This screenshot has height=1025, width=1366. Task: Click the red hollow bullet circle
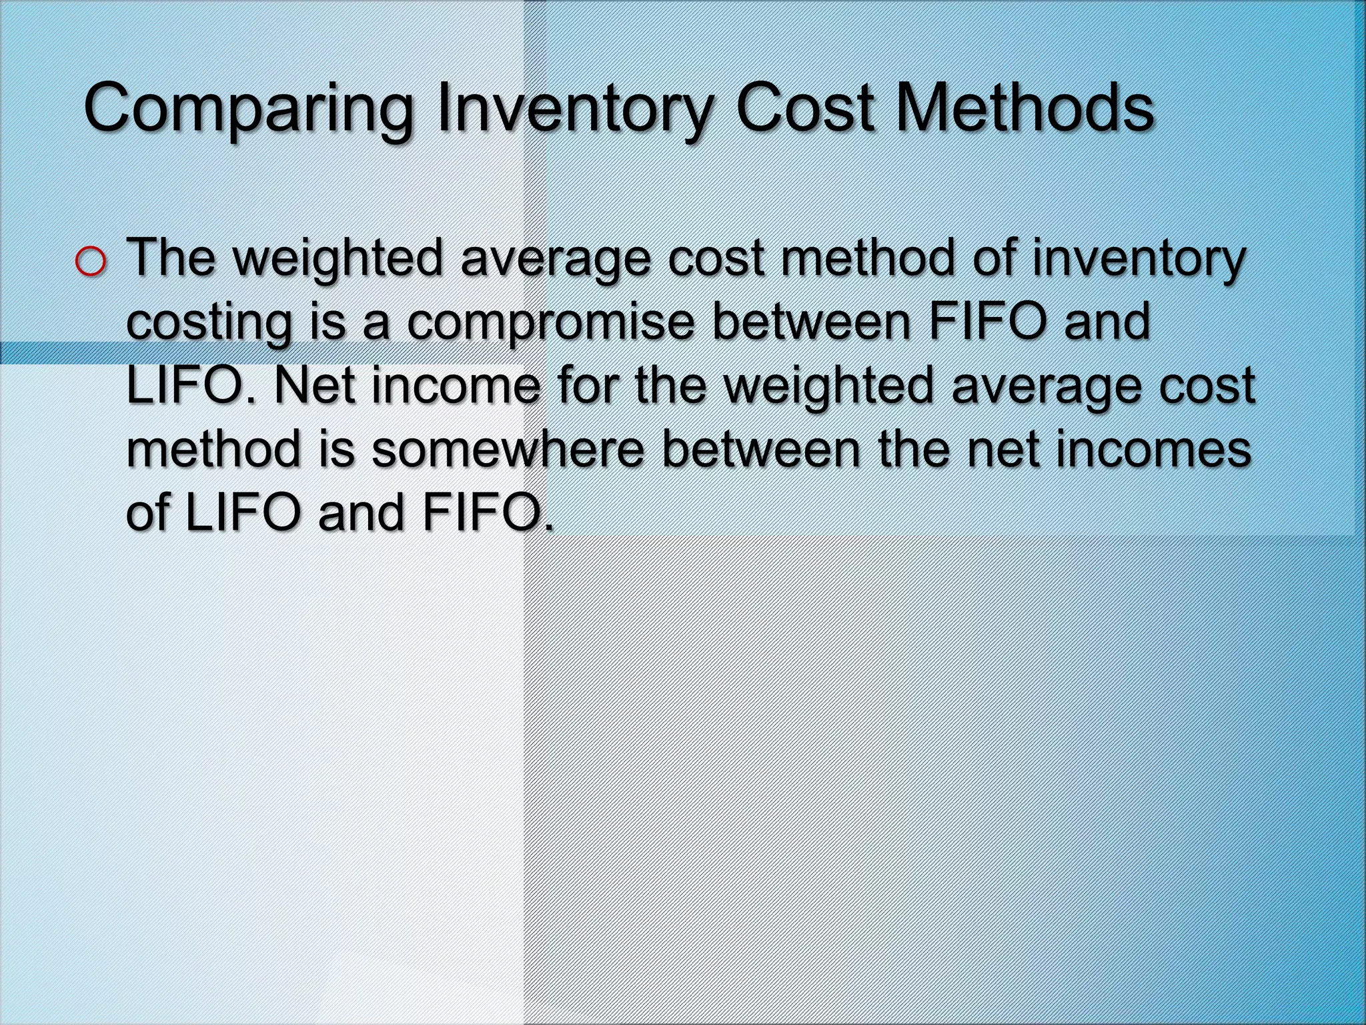[x=91, y=262]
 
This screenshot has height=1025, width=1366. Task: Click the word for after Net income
[x=588, y=386]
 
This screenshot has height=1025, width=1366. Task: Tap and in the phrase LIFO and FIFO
[x=361, y=513]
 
